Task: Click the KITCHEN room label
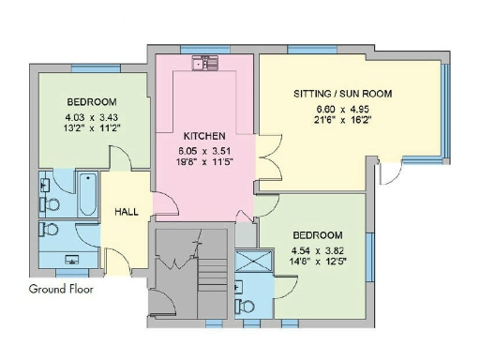[x=203, y=135]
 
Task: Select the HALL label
[x=127, y=212]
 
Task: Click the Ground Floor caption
[x=61, y=289]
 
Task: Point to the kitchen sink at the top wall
[x=204, y=64]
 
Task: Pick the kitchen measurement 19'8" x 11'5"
[x=203, y=161]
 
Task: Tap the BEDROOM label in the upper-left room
[x=91, y=101]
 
